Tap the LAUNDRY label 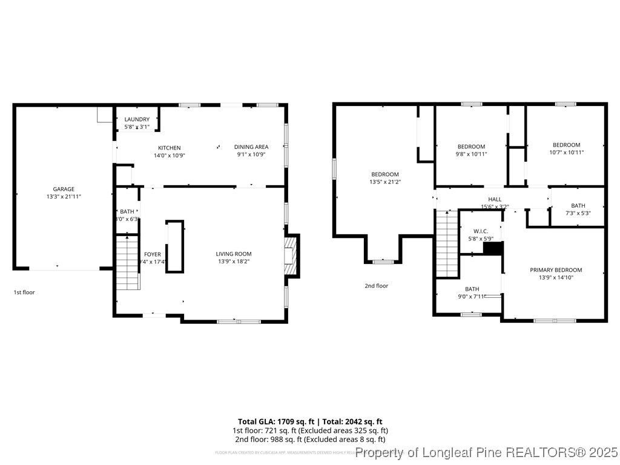coord(136,119)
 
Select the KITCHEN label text coord(169,148)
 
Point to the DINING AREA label coord(251,147)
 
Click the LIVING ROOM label coord(233,254)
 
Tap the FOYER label coord(152,254)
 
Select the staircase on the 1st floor coord(128,263)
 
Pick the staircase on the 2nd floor coord(447,242)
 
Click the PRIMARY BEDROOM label coord(555,270)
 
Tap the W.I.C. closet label coord(481,231)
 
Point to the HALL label coord(495,199)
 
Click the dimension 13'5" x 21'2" coord(384,182)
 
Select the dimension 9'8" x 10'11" coord(471,154)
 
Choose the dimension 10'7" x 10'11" coord(566,152)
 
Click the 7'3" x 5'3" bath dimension coord(578,213)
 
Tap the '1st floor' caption coord(24,292)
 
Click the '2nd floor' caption coord(376,286)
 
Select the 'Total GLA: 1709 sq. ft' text coord(275,421)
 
